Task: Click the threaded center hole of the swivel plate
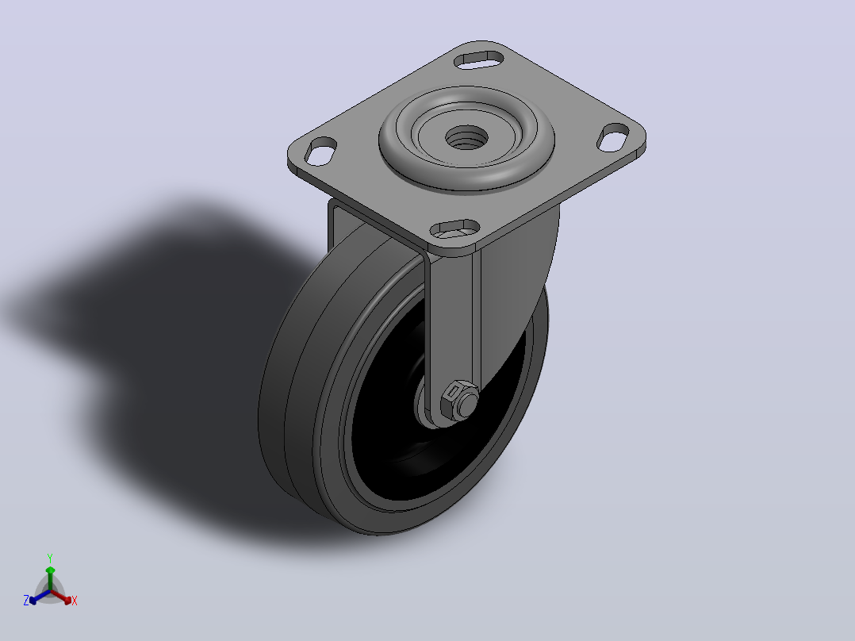coord(466,137)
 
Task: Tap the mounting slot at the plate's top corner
coord(479,59)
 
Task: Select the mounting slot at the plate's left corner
coord(320,151)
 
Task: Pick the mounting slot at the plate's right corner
coord(613,137)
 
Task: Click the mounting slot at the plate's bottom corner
coord(454,229)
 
